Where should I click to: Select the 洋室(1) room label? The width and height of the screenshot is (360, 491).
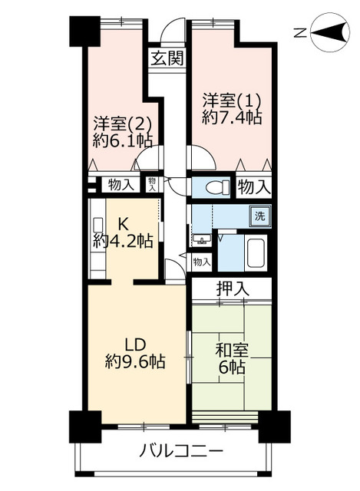pos(232,100)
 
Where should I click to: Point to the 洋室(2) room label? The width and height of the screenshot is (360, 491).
pos(122,123)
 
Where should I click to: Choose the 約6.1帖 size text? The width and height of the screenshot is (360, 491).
pos(122,140)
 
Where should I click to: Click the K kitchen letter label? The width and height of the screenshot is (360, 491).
pos(122,224)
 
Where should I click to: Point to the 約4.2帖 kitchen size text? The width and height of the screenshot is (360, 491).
pos(122,241)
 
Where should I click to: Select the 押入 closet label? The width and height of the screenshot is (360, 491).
pos(232,289)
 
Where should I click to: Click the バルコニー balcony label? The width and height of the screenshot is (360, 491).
pos(181,450)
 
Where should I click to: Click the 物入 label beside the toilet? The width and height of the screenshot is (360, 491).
pos(253,186)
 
